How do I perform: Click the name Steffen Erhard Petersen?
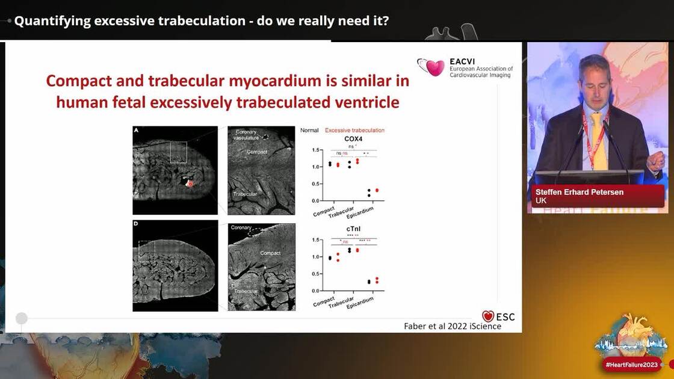[579, 192]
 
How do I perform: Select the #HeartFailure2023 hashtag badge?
[632, 365]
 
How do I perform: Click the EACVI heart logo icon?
[431, 67]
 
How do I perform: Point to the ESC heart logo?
[488, 316]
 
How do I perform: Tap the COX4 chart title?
[353, 139]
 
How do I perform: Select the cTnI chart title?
[353, 229]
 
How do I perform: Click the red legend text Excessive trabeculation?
[354, 130]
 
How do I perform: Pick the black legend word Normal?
[309, 130]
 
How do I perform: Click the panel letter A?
[136, 130]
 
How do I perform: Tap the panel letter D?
[136, 224]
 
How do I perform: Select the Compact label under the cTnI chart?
[324, 301]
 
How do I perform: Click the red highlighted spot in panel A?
[190, 183]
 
